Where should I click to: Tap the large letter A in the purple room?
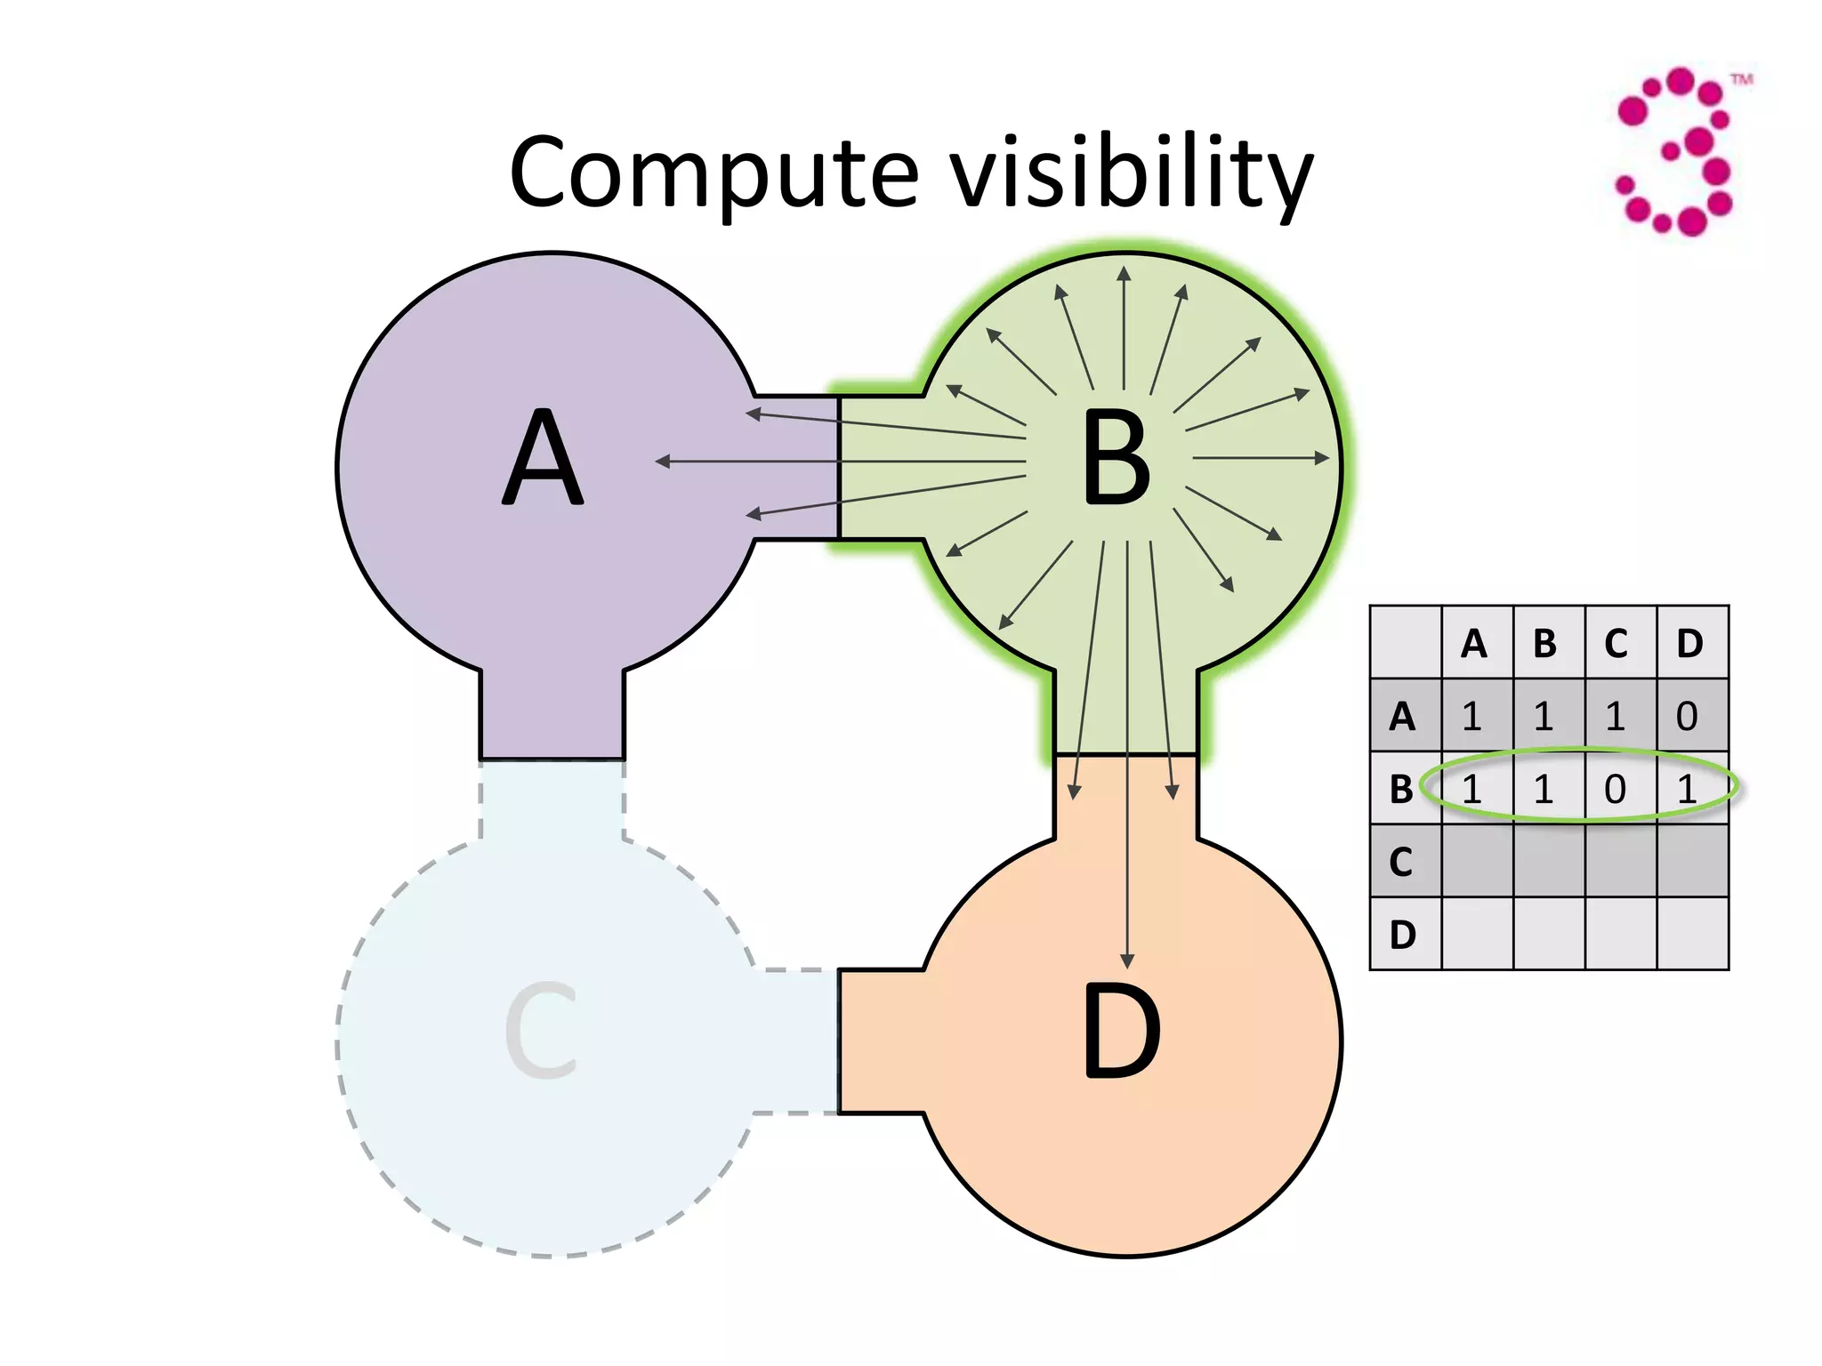point(543,459)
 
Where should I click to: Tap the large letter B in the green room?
point(1116,461)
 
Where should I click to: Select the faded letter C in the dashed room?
point(541,1032)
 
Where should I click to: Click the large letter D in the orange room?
point(1121,1032)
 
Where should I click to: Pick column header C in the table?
point(1616,643)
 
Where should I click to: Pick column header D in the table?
point(1689,643)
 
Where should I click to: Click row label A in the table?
point(1402,716)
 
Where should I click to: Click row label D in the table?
point(1402,934)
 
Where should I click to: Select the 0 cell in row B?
point(1616,789)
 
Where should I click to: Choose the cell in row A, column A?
point(1472,716)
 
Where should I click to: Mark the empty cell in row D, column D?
point(1691,934)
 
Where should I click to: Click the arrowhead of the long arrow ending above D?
point(1127,961)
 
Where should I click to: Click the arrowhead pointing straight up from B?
point(1124,273)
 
